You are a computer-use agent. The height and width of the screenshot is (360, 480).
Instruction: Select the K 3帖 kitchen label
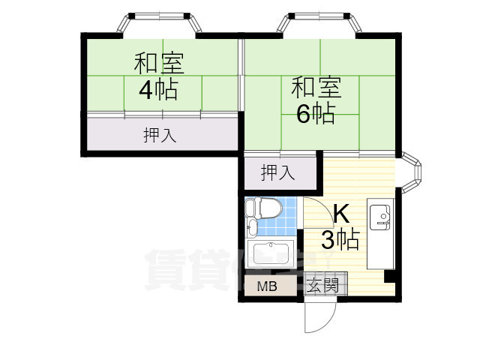(340, 227)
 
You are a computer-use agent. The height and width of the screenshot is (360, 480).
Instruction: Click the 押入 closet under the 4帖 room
(160, 135)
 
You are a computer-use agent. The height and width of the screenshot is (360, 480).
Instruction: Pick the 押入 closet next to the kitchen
(277, 173)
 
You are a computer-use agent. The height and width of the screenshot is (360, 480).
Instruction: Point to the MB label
(267, 286)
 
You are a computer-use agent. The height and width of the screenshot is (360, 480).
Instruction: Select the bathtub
(271, 254)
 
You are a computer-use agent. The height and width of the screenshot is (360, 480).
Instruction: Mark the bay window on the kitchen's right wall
(413, 174)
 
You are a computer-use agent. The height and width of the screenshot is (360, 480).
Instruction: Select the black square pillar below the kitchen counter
(389, 276)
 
